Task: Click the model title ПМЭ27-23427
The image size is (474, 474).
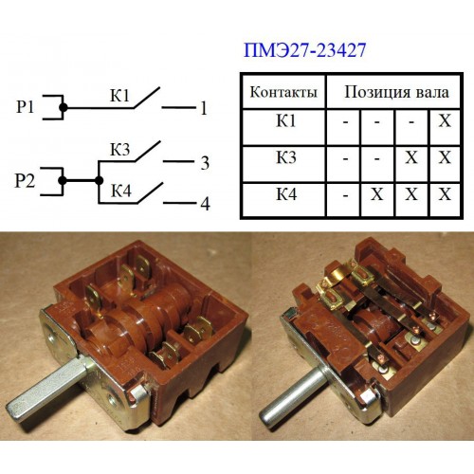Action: [x=304, y=50]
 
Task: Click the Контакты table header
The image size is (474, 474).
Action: [x=283, y=92]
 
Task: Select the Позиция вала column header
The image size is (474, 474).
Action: [x=396, y=92]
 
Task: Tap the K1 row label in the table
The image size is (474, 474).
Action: [x=286, y=120]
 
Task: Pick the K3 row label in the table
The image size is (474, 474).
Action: [x=286, y=157]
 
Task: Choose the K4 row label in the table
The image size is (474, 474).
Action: [x=286, y=193]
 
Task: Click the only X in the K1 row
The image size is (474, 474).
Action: [x=445, y=120]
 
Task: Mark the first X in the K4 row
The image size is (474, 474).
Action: [x=376, y=194]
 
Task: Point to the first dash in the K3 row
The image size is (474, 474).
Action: [x=345, y=157]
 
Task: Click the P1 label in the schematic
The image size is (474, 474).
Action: [x=25, y=107]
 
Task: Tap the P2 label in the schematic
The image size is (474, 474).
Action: [x=25, y=181]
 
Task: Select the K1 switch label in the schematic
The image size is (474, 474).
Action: [x=119, y=95]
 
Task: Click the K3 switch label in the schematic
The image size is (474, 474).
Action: [x=119, y=150]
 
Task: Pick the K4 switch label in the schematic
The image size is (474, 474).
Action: [x=120, y=191]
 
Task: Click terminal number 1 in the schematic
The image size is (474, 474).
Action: [x=204, y=108]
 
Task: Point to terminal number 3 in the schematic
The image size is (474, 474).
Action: [x=205, y=163]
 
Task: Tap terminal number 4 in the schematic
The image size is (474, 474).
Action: [x=205, y=204]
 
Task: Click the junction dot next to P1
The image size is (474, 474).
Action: [x=64, y=107]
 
